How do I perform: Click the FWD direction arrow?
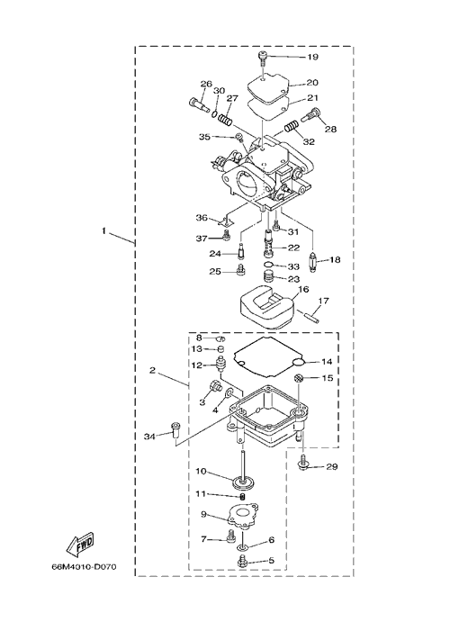pos(80,543)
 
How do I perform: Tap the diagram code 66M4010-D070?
pos(84,567)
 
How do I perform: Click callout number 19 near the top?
pos(313,57)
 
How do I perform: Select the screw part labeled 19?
pos(263,59)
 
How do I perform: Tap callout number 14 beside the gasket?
pos(327,362)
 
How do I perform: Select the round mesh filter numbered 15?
pos(300,378)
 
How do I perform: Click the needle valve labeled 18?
pos(313,261)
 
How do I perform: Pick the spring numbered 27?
pos(225,119)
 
